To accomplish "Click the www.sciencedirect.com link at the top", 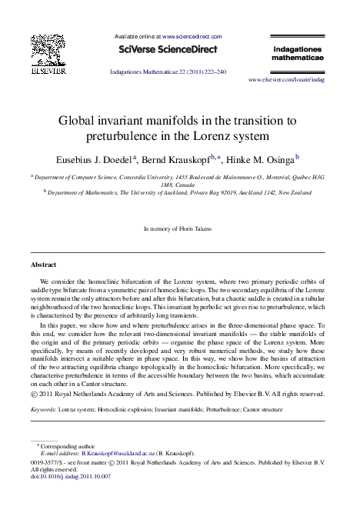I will [x=189, y=35].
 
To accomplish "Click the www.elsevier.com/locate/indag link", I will [x=287, y=79].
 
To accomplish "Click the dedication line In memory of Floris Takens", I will [x=179, y=229].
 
